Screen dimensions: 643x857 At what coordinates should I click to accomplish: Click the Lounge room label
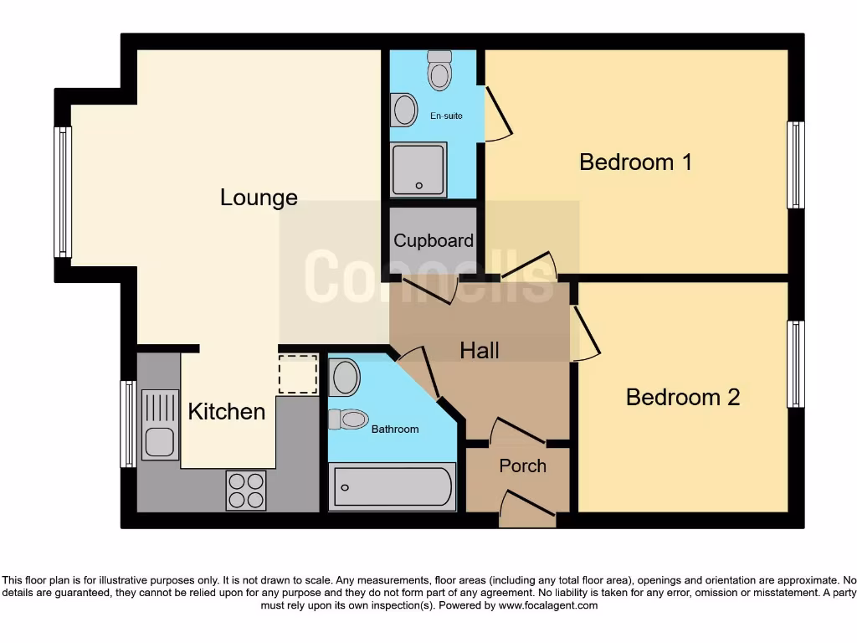pyautogui.click(x=259, y=198)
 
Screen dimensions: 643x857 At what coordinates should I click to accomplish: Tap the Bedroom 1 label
pyautogui.click(x=635, y=162)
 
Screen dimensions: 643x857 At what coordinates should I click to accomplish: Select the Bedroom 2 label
pyautogui.click(x=683, y=397)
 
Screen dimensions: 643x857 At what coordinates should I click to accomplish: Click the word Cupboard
pyautogui.click(x=434, y=241)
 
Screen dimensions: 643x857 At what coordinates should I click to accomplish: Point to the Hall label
pyautogui.click(x=480, y=350)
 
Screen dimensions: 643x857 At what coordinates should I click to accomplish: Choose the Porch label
pyautogui.click(x=522, y=466)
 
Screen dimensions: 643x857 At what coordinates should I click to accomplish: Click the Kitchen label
pyautogui.click(x=226, y=411)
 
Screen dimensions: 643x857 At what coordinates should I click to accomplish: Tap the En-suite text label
pyautogui.click(x=446, y=116)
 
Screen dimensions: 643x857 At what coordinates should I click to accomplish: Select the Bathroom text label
pyautogui.click(x=395, y=429)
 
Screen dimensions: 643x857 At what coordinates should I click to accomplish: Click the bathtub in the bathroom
pyautogui.click(x=393, y=487)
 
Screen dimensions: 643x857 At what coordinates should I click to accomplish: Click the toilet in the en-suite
pyautogui.click(x=439, y=70)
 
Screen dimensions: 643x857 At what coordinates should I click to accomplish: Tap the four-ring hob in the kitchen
pyautogui.click(x=246, y=491)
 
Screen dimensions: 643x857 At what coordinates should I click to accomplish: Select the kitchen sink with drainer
pyautogui.click(x=160, y=424)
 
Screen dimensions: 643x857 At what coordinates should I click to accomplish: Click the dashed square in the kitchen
pyautogui.click(x=298, y=374)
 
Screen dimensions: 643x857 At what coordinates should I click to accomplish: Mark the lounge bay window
pyautogui.click(x=63, y=192)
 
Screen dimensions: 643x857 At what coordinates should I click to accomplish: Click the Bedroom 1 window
pyautogui.click(x=796, y=165)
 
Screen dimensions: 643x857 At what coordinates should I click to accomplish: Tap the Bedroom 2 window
pyautogui.click(x=796, y=364)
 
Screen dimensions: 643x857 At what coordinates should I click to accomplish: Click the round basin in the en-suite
pyautogui.click(x=405, y=110)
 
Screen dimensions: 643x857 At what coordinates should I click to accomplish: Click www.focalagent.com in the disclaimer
pyautogui.click(x=548, y=605)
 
